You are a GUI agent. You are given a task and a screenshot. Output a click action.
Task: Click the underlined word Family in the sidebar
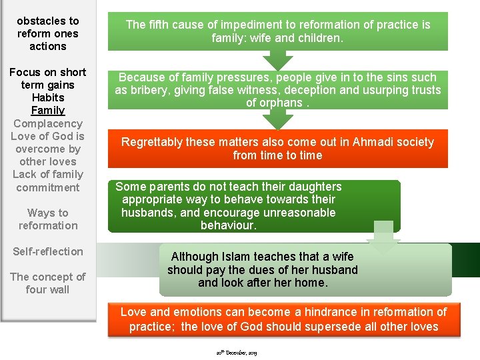pos(48,111)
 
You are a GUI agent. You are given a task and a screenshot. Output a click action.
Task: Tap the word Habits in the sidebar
pos(48,98)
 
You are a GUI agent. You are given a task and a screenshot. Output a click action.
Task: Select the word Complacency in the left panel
pos(48,123)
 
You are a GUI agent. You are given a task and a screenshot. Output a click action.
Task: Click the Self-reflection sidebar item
pos(48,251)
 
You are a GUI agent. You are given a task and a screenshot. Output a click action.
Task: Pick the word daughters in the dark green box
pos(314,187)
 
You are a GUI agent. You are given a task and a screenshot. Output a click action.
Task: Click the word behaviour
pos(228,225)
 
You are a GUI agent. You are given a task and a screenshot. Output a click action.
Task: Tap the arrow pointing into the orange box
pos(277,119)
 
